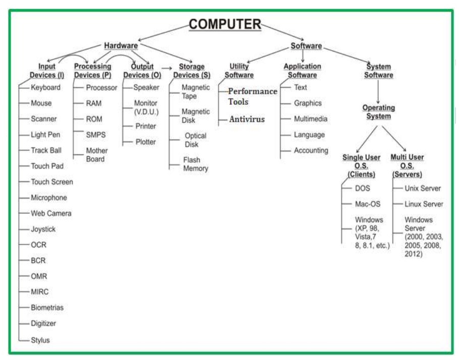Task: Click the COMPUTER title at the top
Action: [225, 24]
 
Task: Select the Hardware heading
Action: [121, 46]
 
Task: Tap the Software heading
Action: [306, 46]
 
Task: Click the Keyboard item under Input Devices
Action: [45, 87]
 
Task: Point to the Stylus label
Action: [40, 340]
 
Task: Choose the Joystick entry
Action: [43, 229]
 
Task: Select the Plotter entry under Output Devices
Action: [145, 142]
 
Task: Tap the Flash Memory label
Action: [195, 164]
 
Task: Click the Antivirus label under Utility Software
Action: [247, 119]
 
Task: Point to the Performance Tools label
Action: [252, 96]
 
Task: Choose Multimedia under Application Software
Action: [311, 119]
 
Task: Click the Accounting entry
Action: [311, 150]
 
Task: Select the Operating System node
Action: [378, 112]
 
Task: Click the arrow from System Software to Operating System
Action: [378, 92]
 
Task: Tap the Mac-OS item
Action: [368, 204]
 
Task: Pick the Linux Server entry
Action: [424, 204]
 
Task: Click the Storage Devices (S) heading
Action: [192, 71]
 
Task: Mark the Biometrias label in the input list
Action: [47, 308]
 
